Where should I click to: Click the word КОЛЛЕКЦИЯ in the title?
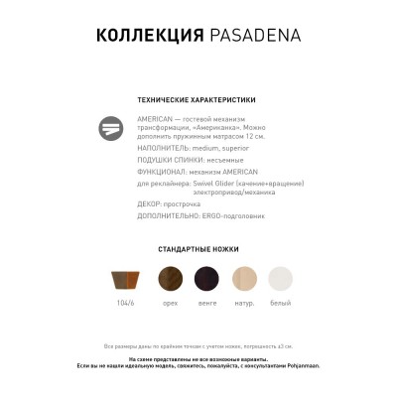pyautogui.click(x=149, y=38)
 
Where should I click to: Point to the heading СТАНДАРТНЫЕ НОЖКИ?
pyautogui.click(x=198, y=249)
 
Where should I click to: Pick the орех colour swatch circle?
pyautogui.click(x=171, y=279)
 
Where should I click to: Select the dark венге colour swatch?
pyautogui.click(x=207, y=279)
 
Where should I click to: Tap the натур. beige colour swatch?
pyautogui.click(x=244, y=279)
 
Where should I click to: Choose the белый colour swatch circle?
pyautogui.click(x=281, y=279)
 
